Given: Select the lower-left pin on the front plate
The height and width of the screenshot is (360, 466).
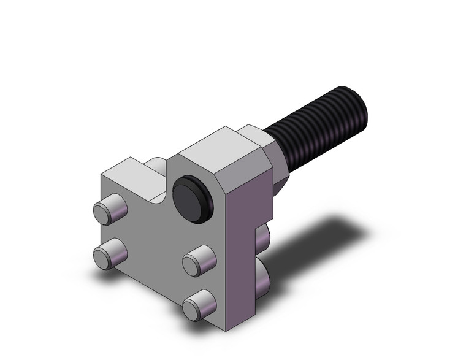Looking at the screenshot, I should tap(109, 252).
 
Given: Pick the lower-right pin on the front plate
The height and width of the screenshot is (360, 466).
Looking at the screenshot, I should tap(200, 303).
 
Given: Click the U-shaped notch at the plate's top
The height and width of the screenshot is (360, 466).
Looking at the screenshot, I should tap(158, 184).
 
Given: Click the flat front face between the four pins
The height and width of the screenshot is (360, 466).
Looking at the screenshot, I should tap(153, 245).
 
